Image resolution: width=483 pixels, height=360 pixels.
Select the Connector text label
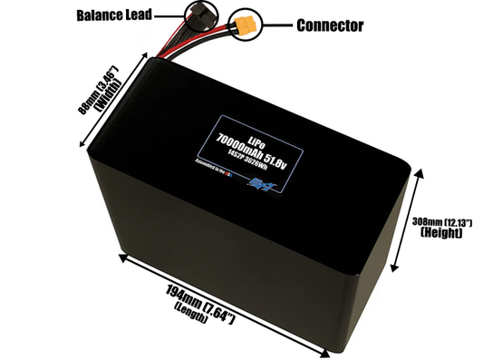coord(330,25)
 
